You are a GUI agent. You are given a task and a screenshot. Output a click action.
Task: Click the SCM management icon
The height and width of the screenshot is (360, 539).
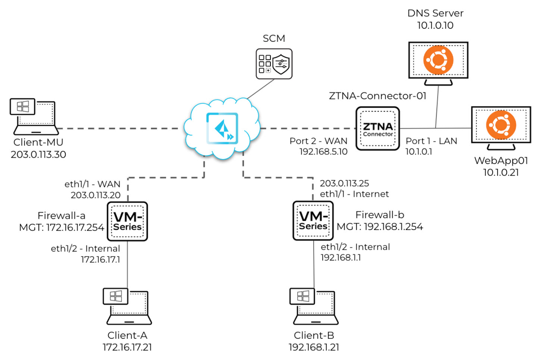click(x=274, y=64)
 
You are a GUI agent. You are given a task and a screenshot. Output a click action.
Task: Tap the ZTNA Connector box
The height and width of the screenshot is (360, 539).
click(x=377, y=129)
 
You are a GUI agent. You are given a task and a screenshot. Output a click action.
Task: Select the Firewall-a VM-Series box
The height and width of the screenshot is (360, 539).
click(x=128, y=221)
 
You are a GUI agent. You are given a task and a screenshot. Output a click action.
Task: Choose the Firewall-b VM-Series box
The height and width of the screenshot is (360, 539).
click(x=313, y=221)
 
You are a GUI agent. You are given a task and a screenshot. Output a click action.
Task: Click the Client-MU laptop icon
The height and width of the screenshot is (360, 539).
click(x=34, y=116)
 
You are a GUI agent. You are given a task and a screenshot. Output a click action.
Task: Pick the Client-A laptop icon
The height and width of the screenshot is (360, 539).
click(x=127, y=306)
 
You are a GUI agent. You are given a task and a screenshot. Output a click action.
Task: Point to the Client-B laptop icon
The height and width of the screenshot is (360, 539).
click(x=314, y=306)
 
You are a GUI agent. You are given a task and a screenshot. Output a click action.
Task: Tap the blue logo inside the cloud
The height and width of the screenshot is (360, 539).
click(x=222, y=128)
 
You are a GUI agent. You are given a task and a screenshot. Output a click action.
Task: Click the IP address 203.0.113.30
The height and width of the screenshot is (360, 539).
click(x=38, y=155)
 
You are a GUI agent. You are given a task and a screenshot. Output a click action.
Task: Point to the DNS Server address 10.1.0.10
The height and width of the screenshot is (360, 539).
click(x=435, y=25)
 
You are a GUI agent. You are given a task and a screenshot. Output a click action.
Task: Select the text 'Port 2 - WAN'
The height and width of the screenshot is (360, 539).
click(x=318, y=141)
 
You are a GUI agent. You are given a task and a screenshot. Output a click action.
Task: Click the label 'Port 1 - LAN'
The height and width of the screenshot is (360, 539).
click(x=431, y=141)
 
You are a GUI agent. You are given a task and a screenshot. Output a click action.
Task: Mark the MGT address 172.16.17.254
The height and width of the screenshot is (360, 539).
click(x=62, y=227)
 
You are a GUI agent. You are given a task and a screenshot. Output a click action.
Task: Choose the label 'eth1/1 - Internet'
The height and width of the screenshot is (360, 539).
click(x=354, y=194)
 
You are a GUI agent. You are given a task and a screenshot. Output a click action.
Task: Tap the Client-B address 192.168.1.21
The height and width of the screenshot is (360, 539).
click(x=314, y=347)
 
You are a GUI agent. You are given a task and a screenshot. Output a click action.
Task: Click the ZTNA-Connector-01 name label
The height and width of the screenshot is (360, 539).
click(x=377, y=96)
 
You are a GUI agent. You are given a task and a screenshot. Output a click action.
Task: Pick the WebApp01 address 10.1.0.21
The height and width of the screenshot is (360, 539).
click(x=501, y=173)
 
